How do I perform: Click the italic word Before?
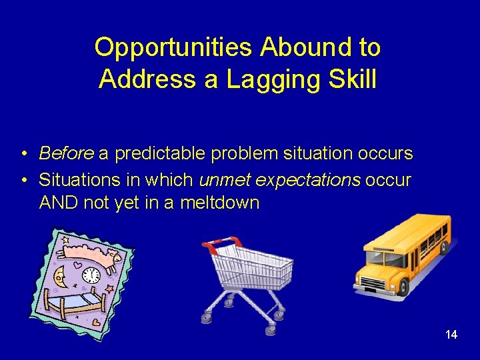(x=66, y=154)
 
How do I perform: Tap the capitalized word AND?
(x=59, y=203)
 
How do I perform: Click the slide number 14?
(x=451, y=335)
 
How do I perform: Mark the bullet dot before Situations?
(x=23, y=181)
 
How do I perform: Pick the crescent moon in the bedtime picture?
(x=60, y=272)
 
